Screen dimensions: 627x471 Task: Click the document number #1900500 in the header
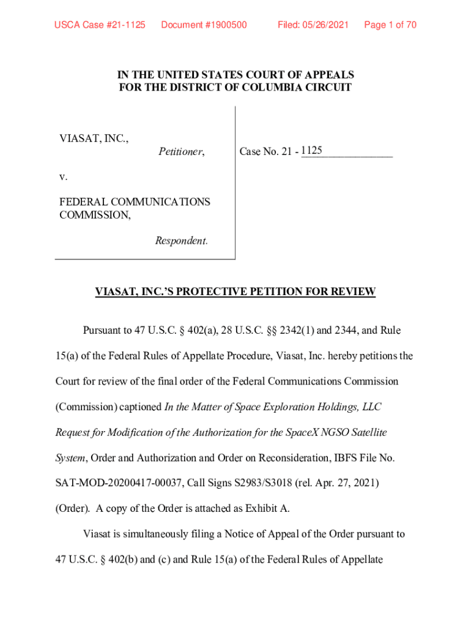[204, 25]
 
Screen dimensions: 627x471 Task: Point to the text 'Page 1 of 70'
[390, 25]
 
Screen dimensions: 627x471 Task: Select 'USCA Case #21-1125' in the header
[100, 25]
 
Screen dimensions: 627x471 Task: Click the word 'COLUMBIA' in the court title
[269, 88]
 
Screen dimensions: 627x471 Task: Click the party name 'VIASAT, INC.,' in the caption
[94, 138]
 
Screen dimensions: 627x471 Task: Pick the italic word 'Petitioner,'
[182, 152]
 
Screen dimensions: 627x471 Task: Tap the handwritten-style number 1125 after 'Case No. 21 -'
[311, 150]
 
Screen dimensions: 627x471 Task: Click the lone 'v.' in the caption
[63, 177]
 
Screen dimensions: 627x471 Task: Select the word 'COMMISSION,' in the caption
[95, 215]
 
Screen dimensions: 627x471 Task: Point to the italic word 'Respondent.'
[182, 241]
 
